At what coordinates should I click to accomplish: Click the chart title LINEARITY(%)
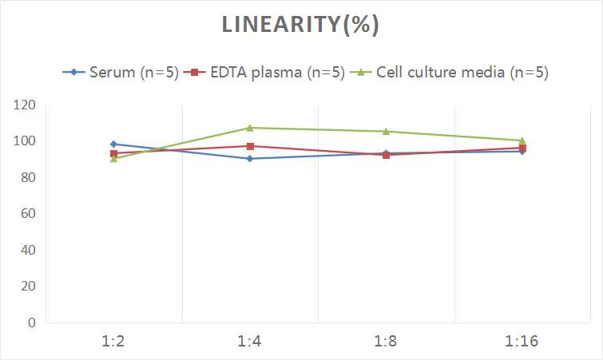[x=300, y=25]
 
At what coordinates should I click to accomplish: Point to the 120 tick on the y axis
[x=24, y=105]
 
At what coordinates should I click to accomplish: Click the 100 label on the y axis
[x=24, y=141]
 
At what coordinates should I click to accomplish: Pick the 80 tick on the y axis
[x=27, y=177]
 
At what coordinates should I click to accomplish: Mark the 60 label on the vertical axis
[x=27, y=214]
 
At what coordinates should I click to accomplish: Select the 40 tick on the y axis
[x=27, y=250]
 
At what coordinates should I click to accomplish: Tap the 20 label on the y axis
[x=27, y=287]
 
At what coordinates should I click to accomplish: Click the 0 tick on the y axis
[x=30, y=322]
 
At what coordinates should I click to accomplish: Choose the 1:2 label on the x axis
[x=113, y=341]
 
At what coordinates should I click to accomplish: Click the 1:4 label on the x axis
[x=250, y=341]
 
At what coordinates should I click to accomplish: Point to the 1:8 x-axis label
[x=386, y=341]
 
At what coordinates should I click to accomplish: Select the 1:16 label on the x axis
[x=522, y=341]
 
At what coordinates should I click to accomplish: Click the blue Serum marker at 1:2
[x=113, y=144]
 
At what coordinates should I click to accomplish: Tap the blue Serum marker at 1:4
[x=250, y=159]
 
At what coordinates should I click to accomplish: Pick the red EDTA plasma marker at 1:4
[x=250, y=146]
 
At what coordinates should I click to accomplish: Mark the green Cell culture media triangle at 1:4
[x=250, y=128]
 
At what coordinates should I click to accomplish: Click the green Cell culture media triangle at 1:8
[x=386, y=131]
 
